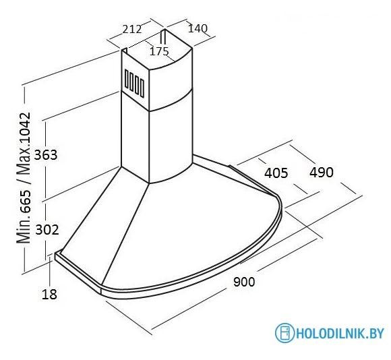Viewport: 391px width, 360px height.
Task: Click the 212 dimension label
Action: (132, 29)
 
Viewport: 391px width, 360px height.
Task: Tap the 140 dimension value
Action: (198, 28)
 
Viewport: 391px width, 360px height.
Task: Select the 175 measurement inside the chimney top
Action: (159, 51)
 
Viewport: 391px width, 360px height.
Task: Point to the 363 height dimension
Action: (46, 155)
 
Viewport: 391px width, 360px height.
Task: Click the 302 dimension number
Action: (47, 230)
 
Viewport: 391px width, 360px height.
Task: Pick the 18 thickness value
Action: (49, 294)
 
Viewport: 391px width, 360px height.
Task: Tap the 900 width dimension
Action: (244, 282)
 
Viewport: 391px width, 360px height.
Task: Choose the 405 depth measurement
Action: (276, 173)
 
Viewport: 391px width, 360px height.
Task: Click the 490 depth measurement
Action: (322, 173)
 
